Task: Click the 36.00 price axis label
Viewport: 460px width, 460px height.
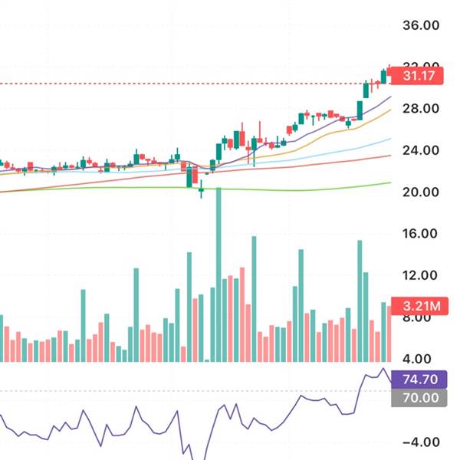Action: (x=421, y=25)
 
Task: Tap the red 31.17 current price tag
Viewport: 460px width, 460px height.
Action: (x=420, y=76)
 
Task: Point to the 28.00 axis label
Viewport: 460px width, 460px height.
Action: (x=421, y=108)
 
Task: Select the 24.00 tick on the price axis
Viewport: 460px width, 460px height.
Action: (x=421, y=150)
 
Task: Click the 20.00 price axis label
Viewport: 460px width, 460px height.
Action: (x=421, y=192)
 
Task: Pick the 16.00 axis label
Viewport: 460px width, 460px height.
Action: (x=421, y=234)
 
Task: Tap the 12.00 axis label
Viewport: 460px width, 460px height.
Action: (x=421, y=275)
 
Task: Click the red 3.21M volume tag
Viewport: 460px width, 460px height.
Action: (x=419, y=305)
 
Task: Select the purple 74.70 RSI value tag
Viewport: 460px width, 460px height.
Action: (x=419, y=379)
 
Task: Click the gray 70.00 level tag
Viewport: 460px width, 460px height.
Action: (x=419, y=398)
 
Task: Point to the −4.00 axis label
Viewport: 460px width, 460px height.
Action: (x=421, y=442)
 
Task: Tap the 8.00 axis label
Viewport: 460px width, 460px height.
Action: (x=421, y=317)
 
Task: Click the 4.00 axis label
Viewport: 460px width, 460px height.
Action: (x=421, y=359)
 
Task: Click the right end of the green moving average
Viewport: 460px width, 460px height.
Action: (x=389, y=182)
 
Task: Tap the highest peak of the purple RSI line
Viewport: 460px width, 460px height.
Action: (x=383, y=369)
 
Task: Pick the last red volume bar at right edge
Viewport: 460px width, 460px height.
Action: (x=389, y=333)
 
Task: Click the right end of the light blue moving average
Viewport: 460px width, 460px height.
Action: (x=389, y=139)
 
